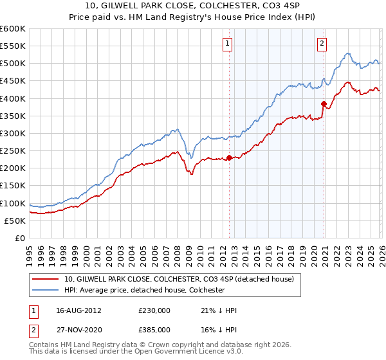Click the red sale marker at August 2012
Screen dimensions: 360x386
pyautogui.click(x=229, y=157)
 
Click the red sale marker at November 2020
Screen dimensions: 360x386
pyautogui.click(x=324, y=104)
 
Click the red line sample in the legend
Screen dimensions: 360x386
pyautogui.click(x=46, y=279)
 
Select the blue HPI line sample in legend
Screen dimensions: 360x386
pyautogui.click(x=46, y=290)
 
